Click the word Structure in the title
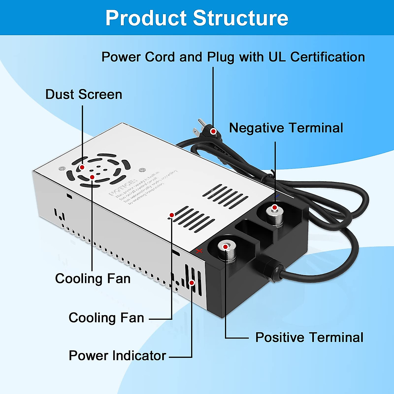240,18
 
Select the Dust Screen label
84,95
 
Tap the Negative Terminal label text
286,128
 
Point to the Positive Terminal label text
309,338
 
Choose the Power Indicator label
117,356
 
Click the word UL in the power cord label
277,57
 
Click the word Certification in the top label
327,57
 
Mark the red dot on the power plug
213,131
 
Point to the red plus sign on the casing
199,251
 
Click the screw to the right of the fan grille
142,170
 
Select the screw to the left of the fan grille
61,168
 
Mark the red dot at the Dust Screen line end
82,167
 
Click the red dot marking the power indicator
192,282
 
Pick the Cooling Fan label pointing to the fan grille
93,278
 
